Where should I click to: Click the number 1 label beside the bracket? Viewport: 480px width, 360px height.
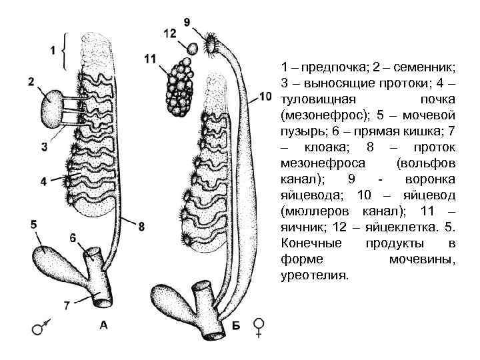tap(52, 49)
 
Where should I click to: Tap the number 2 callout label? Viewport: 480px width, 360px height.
tap(31, 83)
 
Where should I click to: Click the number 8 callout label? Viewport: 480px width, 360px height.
tap(141, 227)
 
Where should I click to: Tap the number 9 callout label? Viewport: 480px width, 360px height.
tap(187, 22)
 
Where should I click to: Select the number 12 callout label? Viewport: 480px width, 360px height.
tap(169, 33)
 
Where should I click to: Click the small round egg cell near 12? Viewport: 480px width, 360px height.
tap(191, 49)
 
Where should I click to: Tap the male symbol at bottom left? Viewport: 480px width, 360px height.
tap(39, 328)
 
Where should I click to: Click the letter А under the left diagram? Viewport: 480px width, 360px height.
tap(104, 325)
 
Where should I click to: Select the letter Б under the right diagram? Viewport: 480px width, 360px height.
tap(235, 326)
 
